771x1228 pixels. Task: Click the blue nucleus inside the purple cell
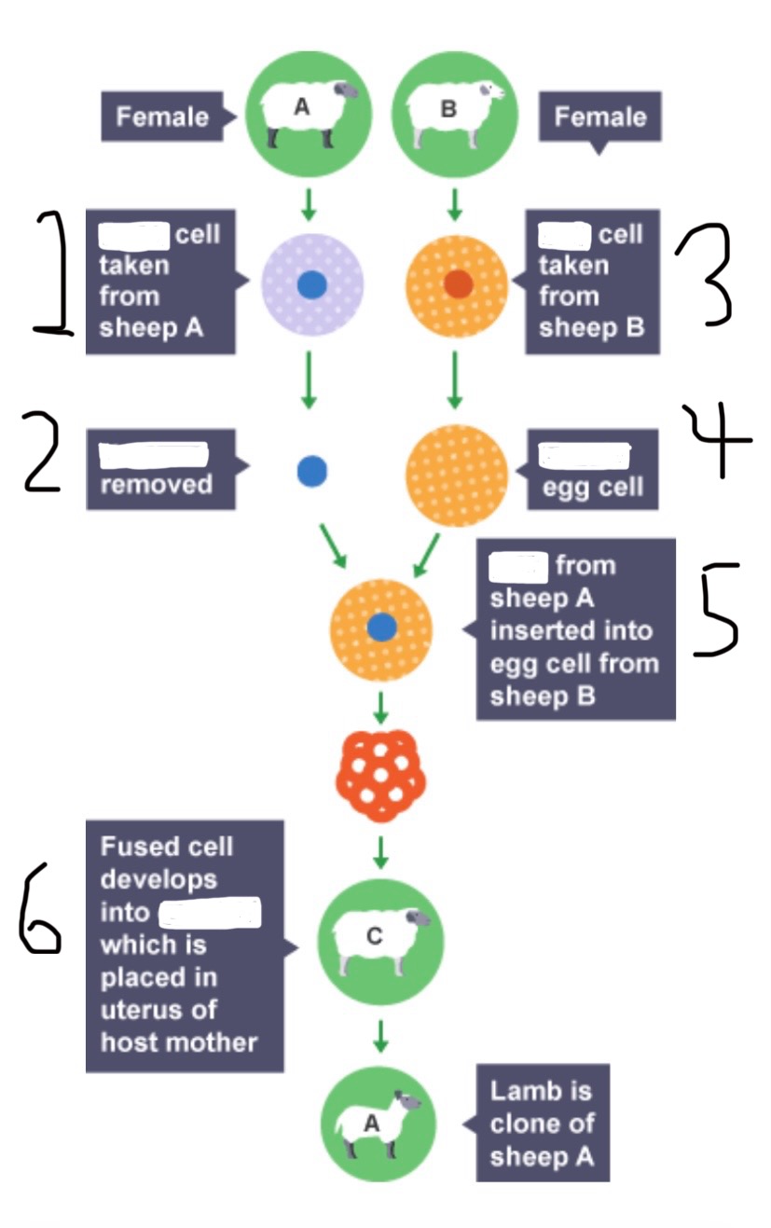(x=311, y=283)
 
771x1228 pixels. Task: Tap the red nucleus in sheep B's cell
(x=458, y=283)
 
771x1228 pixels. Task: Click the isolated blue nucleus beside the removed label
(x=311, y=472)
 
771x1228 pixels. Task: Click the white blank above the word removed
(x=153, y=455)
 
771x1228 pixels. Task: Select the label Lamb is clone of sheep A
(x=542, y=1124)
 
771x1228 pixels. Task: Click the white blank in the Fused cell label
(x=210, y=913)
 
